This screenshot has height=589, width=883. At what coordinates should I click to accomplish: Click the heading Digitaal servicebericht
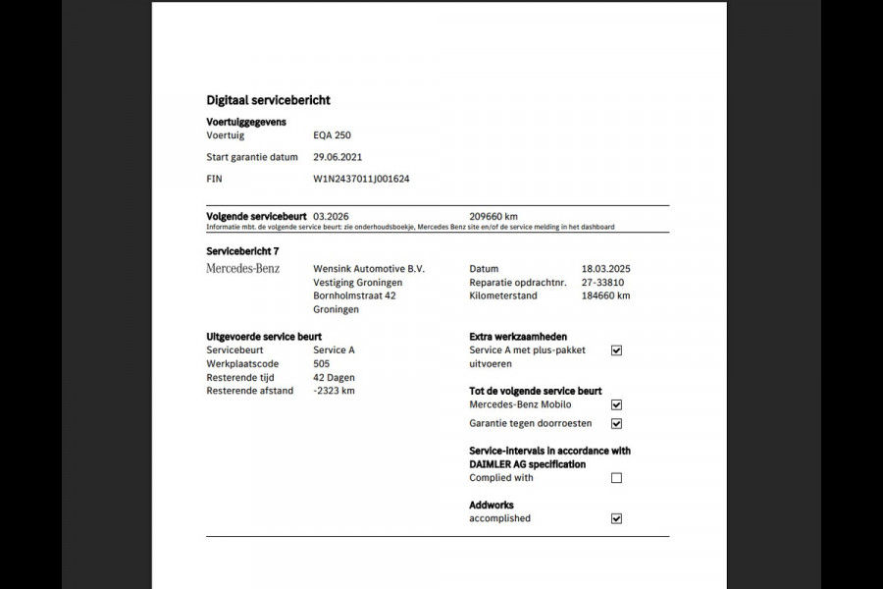[268, 100]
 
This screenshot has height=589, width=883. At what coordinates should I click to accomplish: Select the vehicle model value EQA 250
[332, 135]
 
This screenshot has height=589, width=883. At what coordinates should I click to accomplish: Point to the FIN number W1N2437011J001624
[361, 179]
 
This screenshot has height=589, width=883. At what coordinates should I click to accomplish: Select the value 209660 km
[493, 216]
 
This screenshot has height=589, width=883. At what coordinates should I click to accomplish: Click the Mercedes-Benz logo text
[243, 268]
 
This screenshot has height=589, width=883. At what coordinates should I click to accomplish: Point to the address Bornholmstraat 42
[354, 295]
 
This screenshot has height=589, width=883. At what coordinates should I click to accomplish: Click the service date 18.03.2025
[605, 269]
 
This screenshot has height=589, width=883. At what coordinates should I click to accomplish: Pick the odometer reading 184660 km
[605, 295]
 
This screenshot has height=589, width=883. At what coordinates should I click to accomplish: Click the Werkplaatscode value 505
[321, 363]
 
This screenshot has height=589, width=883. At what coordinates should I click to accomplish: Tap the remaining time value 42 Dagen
[334, 377]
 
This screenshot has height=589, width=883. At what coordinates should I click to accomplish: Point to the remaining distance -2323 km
[334, 391]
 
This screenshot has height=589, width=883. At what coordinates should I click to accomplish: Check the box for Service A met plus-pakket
[616, 350]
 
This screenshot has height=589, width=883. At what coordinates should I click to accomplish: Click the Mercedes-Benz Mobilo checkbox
[616, 404]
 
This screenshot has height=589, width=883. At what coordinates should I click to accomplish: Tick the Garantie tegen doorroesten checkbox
[616, 424]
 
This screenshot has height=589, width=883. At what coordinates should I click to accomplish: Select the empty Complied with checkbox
[616, 478]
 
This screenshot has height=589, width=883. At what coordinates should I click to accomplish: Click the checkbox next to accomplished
[616, 518]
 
